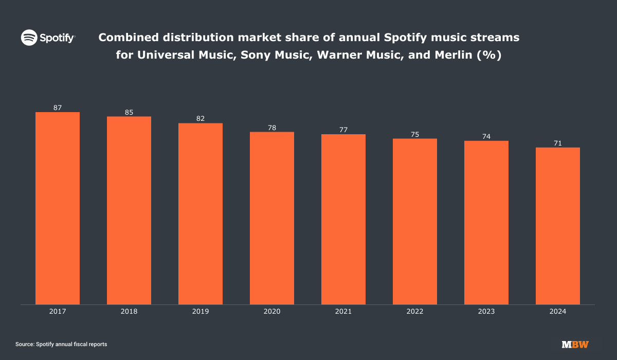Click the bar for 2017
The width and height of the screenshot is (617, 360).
[x=58, y=208]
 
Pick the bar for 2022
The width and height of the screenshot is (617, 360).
[x=415, y=221]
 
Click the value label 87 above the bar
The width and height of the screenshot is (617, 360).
[x=58, y=108]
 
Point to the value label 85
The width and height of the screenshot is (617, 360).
[x=129, y=113]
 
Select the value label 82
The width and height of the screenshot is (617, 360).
[x=201, y=119]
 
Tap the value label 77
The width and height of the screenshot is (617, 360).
[x=343, y=130]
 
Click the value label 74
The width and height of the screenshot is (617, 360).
[x=486, y=137]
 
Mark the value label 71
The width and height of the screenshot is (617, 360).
[x=558, y=143]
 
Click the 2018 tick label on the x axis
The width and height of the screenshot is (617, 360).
[x=129, y=312]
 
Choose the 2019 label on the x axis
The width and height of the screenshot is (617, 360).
[x=201, y=312]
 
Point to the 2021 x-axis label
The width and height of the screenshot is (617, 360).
[x=343, y=312]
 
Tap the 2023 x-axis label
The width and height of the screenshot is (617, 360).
[x=486, y=312]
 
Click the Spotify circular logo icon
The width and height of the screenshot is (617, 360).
[x=29, y=38]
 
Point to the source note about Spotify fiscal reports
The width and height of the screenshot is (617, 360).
[x=61, y=344]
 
